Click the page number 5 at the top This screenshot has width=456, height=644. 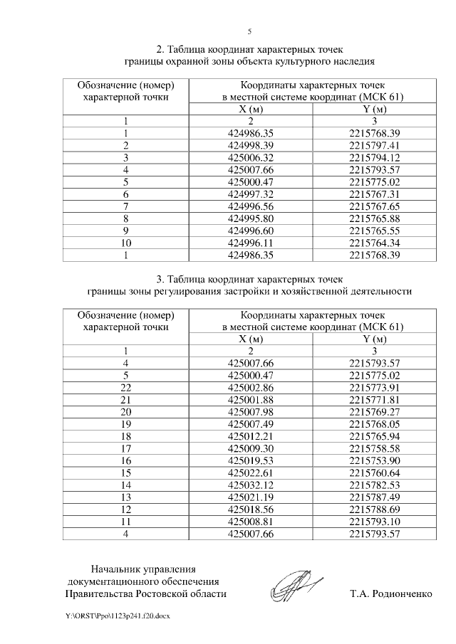(249, 32)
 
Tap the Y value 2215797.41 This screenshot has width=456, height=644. (375, 144)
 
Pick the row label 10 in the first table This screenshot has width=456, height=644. (125, 243)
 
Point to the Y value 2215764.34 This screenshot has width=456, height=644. (375, 243)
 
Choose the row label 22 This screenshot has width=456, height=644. (125, 387)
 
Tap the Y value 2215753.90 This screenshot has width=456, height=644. (375, 460)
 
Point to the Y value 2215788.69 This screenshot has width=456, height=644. (375, 510)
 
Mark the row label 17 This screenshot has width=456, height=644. (125, 448)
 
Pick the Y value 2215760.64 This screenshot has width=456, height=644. (375, 473)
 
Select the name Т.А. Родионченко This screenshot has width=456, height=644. (391, 593)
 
